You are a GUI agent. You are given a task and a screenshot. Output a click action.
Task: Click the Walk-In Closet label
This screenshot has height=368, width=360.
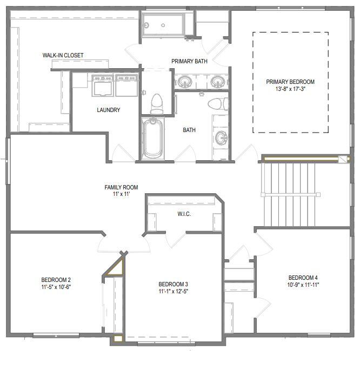tap(63, 55)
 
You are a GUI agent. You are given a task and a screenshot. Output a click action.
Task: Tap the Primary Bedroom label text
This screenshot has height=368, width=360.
tap(290, 82)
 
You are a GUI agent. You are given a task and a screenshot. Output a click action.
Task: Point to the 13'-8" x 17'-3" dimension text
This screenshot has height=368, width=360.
tap(290, 89)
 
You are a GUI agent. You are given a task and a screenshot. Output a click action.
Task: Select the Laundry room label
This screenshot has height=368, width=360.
tap(109, 110)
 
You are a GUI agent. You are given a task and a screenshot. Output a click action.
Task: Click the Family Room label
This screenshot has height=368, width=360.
tap(118, 187)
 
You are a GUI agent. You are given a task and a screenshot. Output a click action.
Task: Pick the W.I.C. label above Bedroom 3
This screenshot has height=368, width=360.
tap(184, 214)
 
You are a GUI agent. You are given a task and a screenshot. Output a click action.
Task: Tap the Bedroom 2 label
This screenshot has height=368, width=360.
tap(56, 280)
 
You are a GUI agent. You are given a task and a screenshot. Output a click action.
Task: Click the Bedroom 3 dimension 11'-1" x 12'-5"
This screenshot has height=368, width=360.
tap(173, 292)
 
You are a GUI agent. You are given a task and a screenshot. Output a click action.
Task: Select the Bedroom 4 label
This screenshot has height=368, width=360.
tap(303, 277)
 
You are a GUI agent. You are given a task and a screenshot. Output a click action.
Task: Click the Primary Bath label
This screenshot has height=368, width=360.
tap(189, 61)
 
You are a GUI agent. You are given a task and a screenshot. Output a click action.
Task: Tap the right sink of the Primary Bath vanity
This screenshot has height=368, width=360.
tap(217, 82)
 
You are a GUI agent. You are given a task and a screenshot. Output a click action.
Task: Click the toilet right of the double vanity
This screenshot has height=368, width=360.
tap(215, 103)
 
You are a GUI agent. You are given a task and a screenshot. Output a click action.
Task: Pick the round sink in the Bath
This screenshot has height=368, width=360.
tap(221, 138)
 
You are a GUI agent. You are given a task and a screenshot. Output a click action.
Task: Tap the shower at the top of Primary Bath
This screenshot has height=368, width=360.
tap(163, 24)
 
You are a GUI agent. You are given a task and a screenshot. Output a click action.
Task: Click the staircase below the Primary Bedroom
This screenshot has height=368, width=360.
tap(288, 194)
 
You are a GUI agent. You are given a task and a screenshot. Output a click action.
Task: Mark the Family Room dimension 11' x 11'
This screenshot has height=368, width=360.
tap(118, 194)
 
